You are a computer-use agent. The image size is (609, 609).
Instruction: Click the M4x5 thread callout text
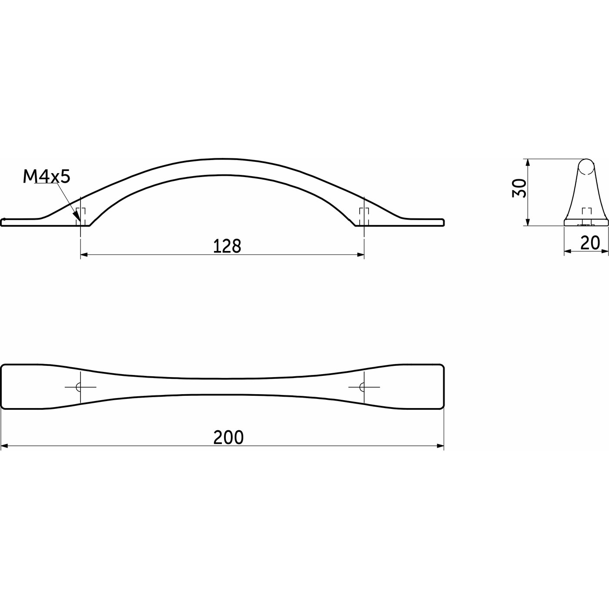[46, 177]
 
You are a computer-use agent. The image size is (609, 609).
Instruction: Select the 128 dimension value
[227, 246]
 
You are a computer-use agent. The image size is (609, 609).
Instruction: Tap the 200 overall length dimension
[228, 438]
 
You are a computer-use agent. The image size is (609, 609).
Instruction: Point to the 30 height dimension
[519, 188]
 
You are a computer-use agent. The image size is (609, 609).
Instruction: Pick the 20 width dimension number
[590, 243]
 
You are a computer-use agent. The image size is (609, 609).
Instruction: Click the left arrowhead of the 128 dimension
[85, 255]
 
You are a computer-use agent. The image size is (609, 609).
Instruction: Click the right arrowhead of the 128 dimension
[360, 255]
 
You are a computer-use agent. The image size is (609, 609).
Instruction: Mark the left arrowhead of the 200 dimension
[5, 446]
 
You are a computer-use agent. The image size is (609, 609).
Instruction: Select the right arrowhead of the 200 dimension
[440, 446]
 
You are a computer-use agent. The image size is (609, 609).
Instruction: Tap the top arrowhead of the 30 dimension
[527, 163]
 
